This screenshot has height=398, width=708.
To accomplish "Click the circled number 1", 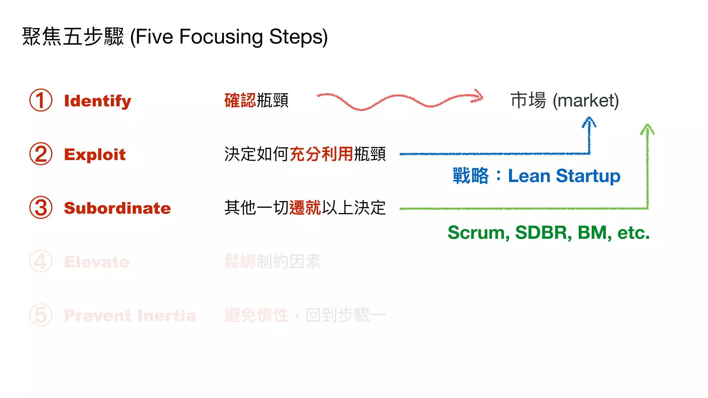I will (41, 100).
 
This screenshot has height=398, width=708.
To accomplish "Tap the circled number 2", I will (41, 154).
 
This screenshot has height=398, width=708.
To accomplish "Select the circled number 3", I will (41, 208).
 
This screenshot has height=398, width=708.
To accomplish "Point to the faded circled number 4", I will (41, 261).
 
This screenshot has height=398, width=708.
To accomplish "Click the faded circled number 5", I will (41, 315).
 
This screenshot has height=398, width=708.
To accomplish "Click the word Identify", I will (97, 101).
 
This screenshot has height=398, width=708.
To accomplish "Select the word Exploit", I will (95, 154).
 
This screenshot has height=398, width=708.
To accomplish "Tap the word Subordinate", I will (117, 208).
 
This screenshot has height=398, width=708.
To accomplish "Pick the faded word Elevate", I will (97, 262).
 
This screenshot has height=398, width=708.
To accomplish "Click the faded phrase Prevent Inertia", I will (130, 315).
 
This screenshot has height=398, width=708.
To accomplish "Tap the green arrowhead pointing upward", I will (647, 129).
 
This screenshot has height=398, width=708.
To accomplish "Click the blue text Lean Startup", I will (564, 176).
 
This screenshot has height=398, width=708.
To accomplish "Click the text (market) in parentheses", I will (586, 101).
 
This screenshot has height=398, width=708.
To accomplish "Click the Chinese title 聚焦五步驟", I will (73, 37).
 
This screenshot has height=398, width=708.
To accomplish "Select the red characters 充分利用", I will (321, 154).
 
